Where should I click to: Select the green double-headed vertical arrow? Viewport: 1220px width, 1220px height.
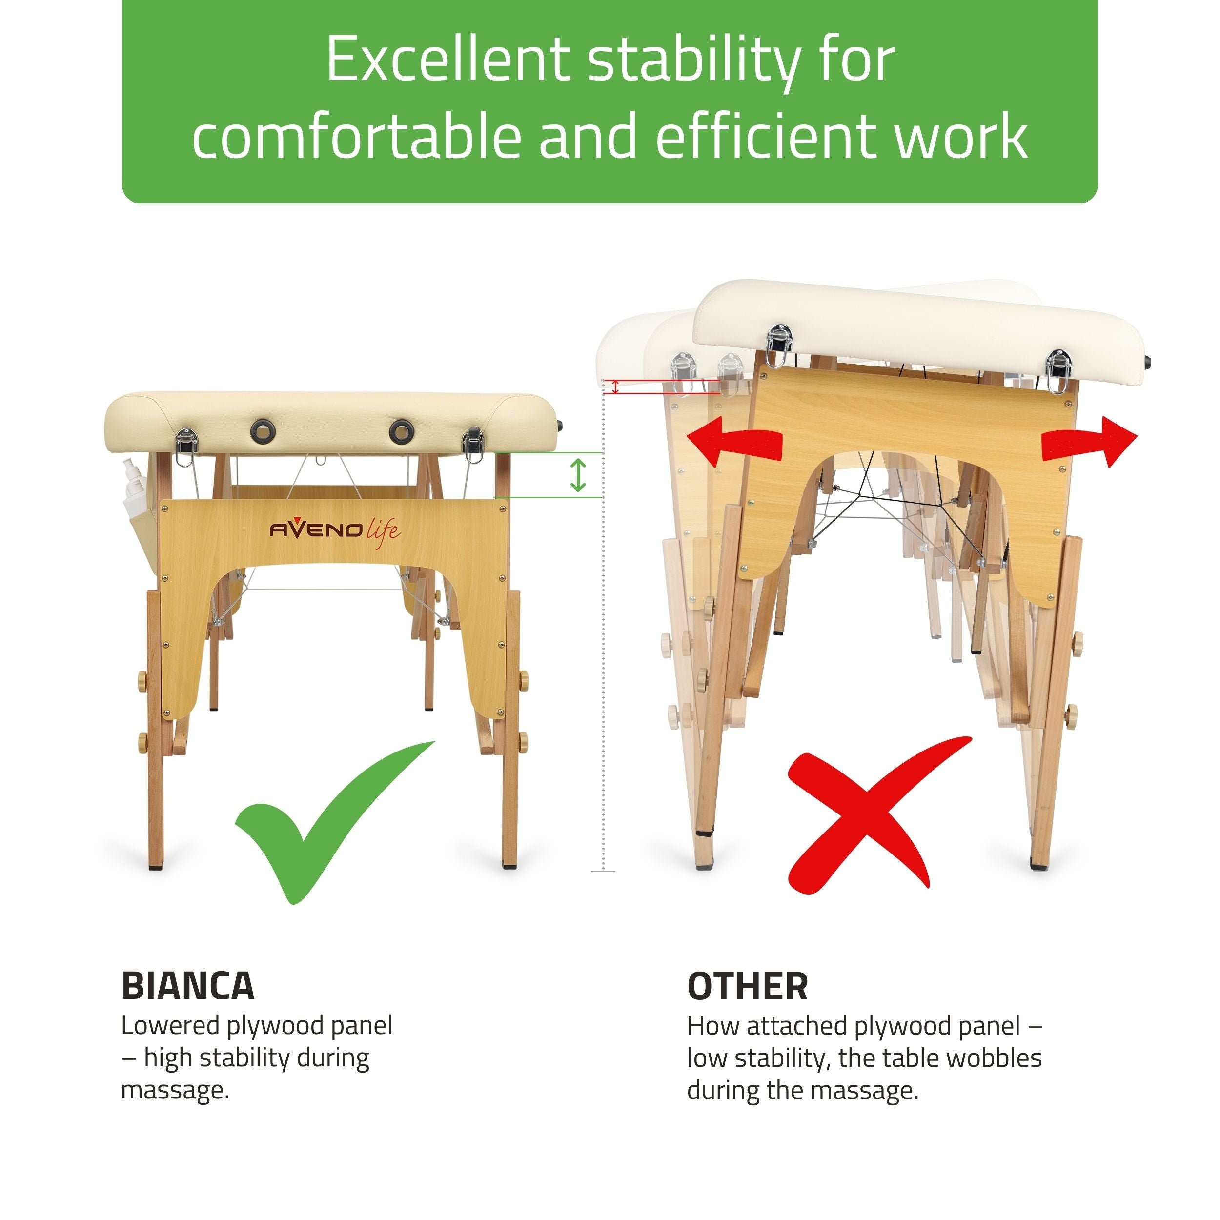pyautogui.click(x=578, y=475)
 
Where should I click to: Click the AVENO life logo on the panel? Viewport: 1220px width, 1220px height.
pyautogui.click(x=335, y=529)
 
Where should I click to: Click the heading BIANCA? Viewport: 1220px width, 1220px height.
pyautogui.click(x=187, y=986)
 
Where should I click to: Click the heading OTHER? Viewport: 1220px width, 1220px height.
pyautogui.click(x=747, y=986)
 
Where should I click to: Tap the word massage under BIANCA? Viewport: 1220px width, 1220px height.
pyautogui.click(x=174, y=1091)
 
